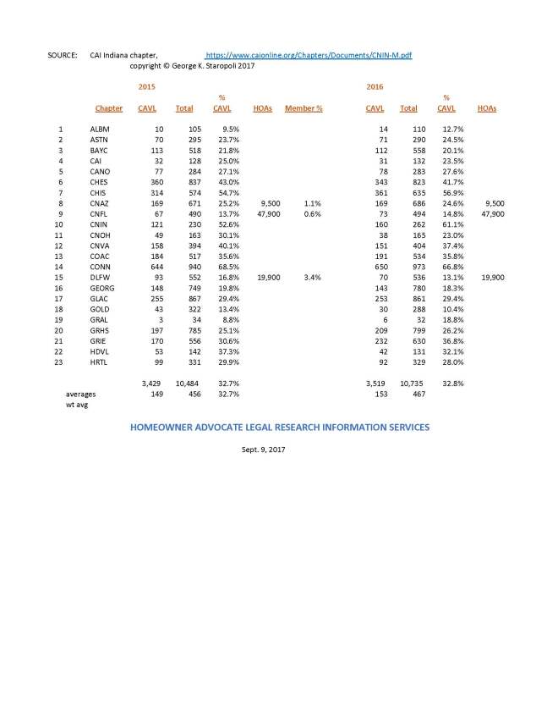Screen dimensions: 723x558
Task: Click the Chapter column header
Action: (x=109, y=108)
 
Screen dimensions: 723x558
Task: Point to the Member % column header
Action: (x=304, y=108)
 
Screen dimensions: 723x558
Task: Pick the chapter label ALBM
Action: (x=100, y=128)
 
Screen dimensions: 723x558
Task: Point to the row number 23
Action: (x=61, y=362)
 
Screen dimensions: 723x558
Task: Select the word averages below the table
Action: (x=80, y=395)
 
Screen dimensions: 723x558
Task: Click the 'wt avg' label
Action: (x=77, y=405)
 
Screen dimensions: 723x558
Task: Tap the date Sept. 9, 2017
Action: (x=264, y=450)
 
